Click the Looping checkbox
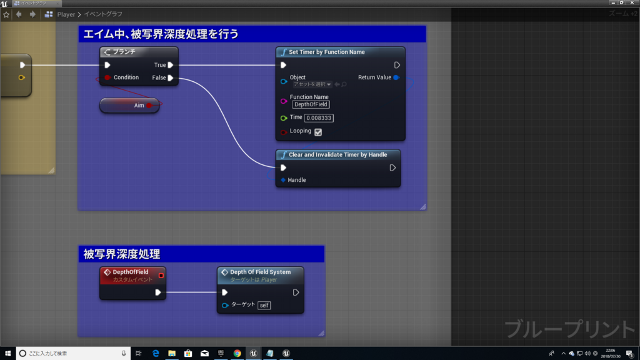pos(318,132)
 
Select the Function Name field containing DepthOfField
pos(311,104)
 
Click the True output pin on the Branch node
pos(170,65)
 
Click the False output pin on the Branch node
pos(170,78)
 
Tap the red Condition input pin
pos(107,77)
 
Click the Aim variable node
pos(130,106)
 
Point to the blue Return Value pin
pos(396,77)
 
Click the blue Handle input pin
pos(283,180)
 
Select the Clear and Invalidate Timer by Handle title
pos(337,154)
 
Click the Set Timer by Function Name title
pos(326,52)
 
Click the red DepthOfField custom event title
pos(130,272)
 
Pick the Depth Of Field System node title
pos(260,272)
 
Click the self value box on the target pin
pos(264,306)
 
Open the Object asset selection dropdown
pos(312,84)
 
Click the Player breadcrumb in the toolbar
pos(66,14)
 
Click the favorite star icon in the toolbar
pos(6,14)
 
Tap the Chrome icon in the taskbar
pos(237,353)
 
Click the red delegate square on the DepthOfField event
pos(161,275)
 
